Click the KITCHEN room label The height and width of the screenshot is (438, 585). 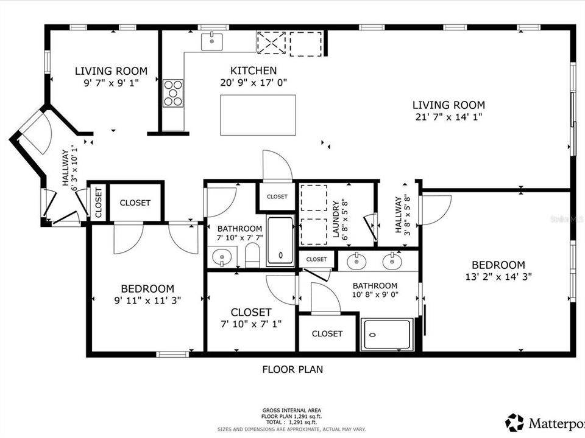[253, 71]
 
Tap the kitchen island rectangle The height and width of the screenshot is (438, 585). [258, 115]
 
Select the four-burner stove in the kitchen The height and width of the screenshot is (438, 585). [173, 93]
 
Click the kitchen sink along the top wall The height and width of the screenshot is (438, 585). [212, 41]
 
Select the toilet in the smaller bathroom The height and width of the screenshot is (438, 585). [252, 255]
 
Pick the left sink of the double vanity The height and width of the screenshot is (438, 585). [355, 262]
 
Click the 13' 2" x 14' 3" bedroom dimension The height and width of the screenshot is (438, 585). [498, 277]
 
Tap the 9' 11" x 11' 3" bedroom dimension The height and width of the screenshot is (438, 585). [147, 300]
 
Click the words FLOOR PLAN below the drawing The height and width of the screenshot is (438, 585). [292, 369]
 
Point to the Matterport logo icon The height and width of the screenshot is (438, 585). [515, 422]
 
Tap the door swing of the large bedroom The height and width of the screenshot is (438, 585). [436, 209]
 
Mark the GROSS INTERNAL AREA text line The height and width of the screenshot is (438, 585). [292, 410]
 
